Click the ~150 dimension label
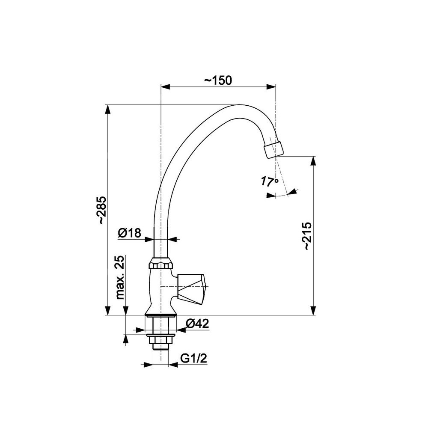tap(218, 80)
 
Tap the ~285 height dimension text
tap(103, 210)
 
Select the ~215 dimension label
tap(306, 236)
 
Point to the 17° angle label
tap(269, 181)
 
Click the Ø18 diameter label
tap(129, 233)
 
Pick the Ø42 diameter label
tap(197, 324)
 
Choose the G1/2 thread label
tap(194, 359)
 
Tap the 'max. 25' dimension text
tap(120, 277)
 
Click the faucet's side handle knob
tap(190, 289)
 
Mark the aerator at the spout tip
tap(274, 149)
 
